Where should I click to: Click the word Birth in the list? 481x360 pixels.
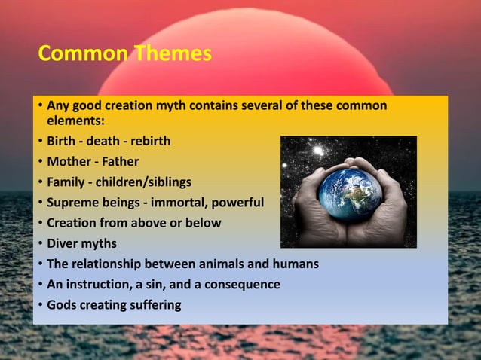[63, 141]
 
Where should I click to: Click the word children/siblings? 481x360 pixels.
[148, 182]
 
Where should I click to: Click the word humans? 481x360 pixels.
[292, 264]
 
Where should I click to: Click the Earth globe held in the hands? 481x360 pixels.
[348, 191]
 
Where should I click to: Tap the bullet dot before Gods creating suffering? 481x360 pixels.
[40, 305]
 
